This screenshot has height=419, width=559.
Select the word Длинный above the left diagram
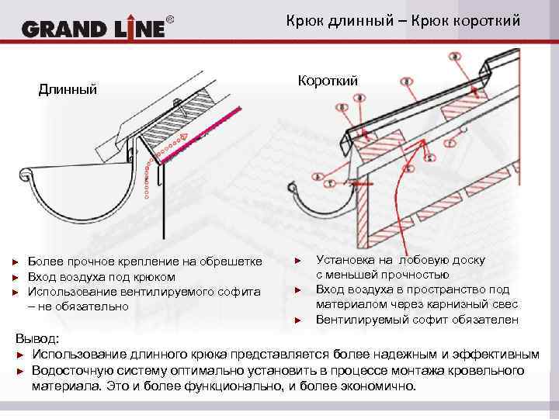point(68,89)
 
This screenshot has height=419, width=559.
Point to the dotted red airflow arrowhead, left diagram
point(184,137)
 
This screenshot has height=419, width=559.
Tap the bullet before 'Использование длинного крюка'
point(21,355)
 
